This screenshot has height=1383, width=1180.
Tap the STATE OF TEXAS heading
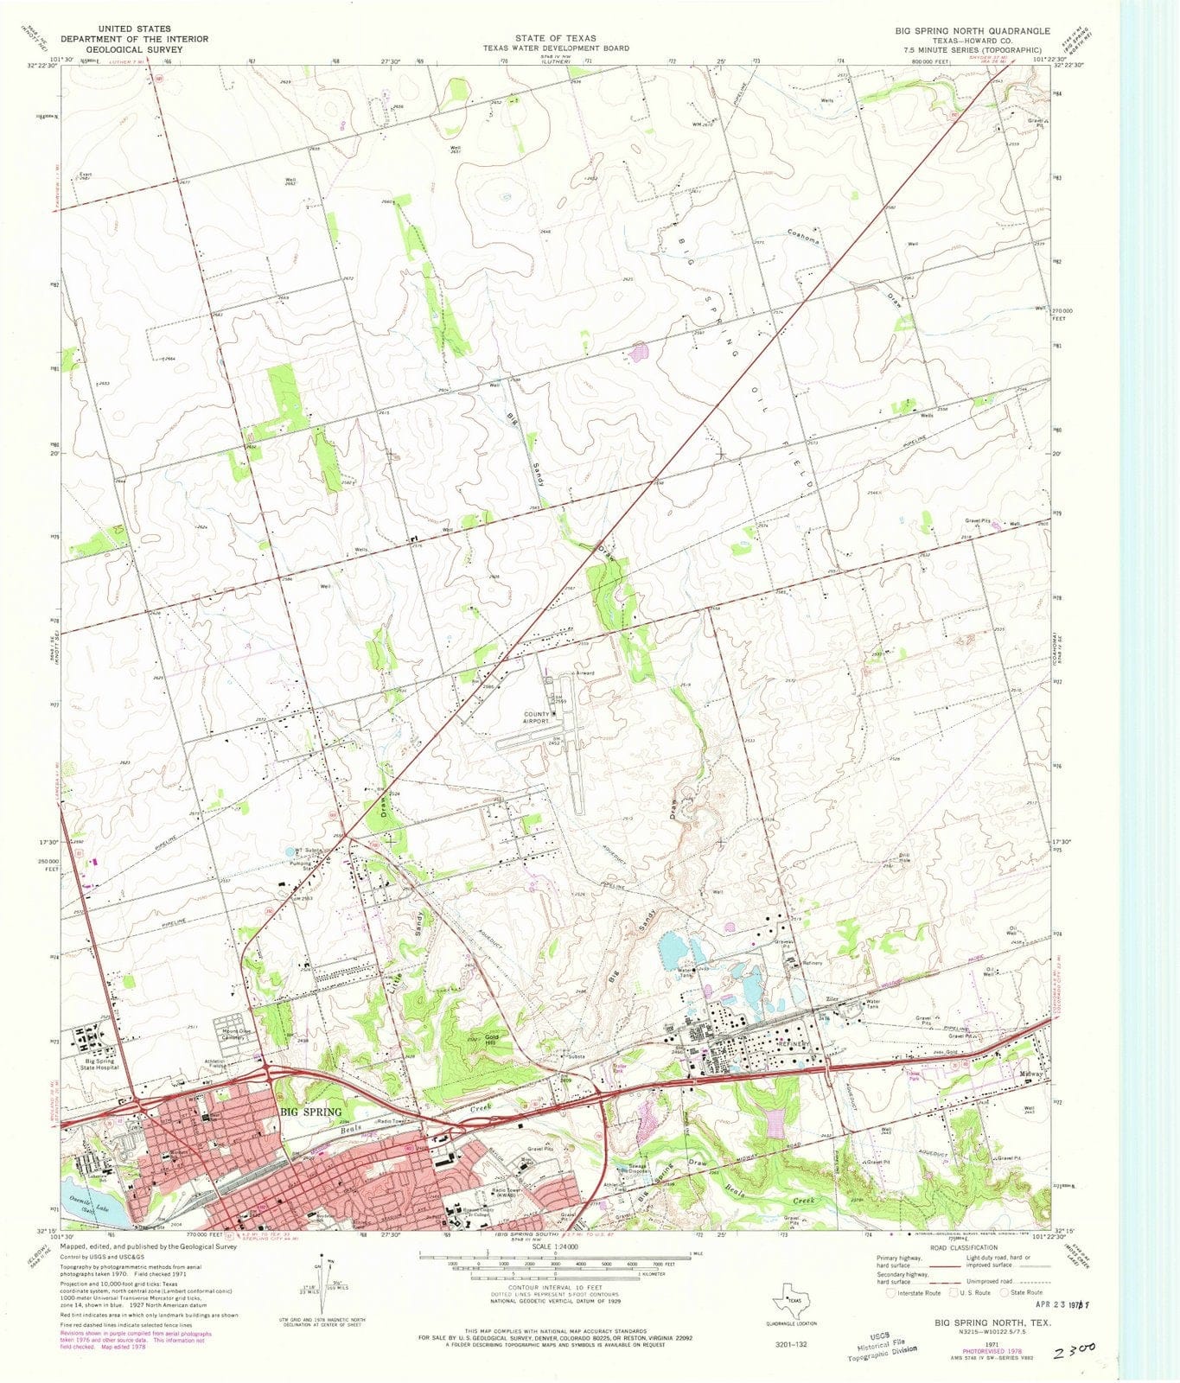[x=555, y=39]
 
